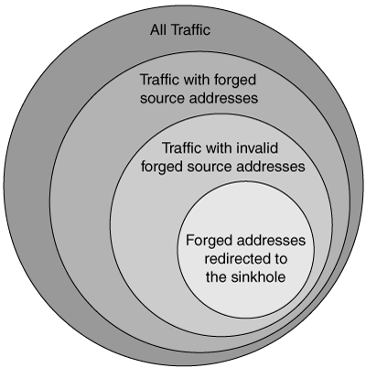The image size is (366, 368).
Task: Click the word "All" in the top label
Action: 157,30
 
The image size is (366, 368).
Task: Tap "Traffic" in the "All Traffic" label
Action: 189,30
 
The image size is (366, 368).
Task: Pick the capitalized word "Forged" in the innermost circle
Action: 205,241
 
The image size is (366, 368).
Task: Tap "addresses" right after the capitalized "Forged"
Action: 267,241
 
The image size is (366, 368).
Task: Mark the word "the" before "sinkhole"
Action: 216,277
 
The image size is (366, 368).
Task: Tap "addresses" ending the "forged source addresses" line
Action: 266,167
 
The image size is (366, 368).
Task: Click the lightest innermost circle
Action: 245,250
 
